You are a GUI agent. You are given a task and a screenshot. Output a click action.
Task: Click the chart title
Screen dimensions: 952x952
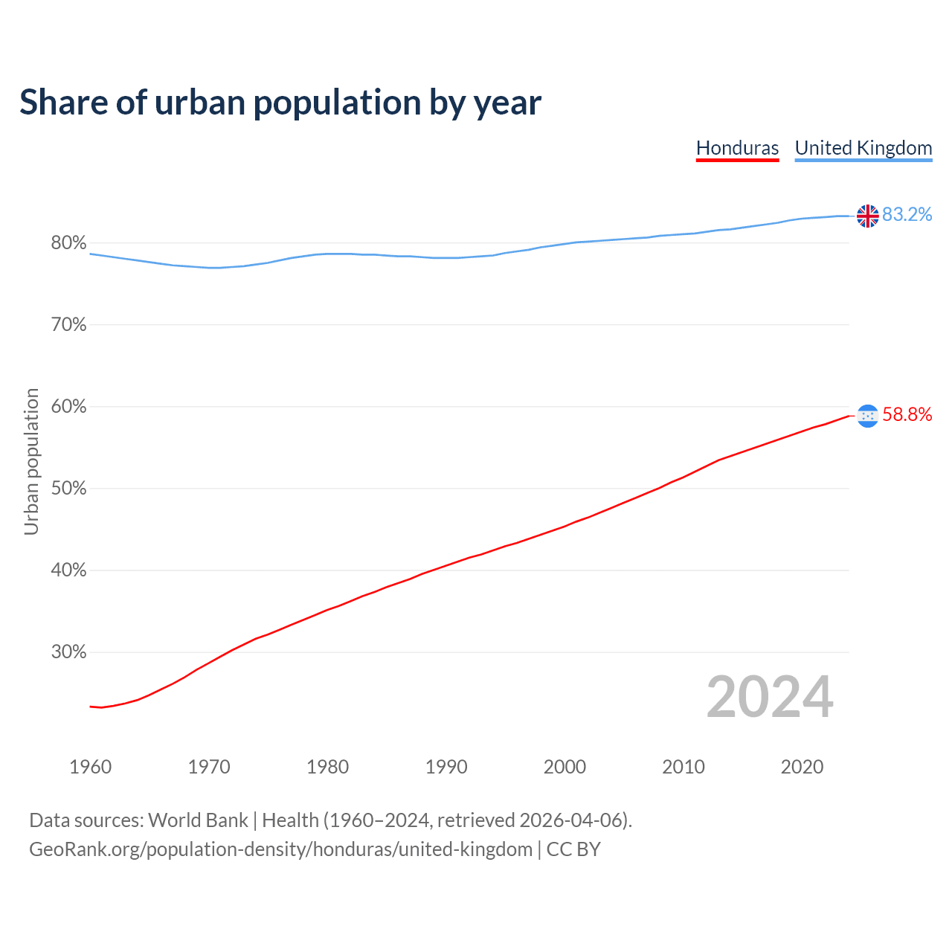click(x=280, y=103)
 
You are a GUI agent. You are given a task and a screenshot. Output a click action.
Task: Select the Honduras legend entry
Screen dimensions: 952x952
click(x=737, y=148)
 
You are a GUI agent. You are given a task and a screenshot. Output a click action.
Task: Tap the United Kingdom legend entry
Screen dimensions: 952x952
click(x=863, y=148)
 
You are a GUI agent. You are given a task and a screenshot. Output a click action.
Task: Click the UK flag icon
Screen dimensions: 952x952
click(x=867, y=216)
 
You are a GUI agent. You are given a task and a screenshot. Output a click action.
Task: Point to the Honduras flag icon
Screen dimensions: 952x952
click(x=867, y=416)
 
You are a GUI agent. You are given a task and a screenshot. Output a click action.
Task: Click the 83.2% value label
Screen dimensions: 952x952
click(x=907, y=215)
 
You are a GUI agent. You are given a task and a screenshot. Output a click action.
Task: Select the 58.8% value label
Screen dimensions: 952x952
click(x=907, y=415)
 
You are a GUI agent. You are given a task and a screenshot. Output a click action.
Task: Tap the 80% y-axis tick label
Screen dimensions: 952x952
click(x=68, y=243)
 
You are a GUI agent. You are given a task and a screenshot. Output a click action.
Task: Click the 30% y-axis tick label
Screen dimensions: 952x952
click(x=68, y=652)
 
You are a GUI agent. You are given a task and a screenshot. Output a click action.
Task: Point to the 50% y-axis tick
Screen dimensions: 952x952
click(x=68, y=489)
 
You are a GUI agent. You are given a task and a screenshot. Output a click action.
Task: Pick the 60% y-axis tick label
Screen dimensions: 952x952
click(x=68, y=407)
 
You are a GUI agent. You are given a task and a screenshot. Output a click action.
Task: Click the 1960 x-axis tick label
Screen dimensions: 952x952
click(x=90, y=767)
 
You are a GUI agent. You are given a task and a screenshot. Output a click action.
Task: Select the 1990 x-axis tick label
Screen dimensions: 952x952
click(x=446, y=767)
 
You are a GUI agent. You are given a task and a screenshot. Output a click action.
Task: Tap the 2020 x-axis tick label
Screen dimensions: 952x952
click(x=802, y=767)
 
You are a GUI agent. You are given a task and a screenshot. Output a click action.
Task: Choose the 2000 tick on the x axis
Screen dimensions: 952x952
click(x=565, y=767)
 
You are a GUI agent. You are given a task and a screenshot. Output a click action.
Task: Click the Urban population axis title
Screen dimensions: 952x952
click(x=31, y=461)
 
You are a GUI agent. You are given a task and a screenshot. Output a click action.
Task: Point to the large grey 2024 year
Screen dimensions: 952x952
click(x=770, y=697)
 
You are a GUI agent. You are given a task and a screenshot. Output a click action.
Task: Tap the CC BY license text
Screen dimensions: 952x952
click(x=573, y=849)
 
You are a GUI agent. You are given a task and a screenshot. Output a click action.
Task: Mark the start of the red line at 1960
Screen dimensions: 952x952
click(x=91, y=707)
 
